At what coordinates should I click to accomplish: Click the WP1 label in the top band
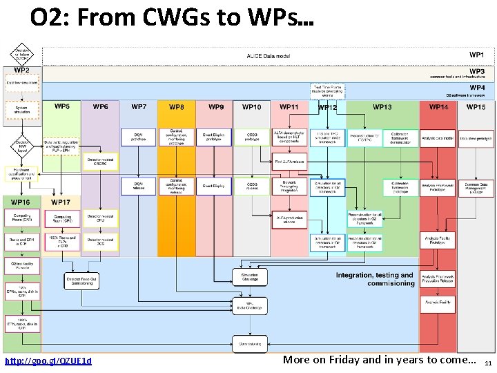(x=477, y=55)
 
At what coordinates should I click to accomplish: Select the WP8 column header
(x=177, y=107)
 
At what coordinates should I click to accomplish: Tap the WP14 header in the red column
(x=438, y=107)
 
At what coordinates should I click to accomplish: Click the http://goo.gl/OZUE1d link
(x=48, y=361)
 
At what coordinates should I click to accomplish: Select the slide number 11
(x=487, y=363)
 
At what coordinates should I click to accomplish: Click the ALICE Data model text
(x=269, y=55)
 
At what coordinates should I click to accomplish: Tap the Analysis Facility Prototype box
(x=438, y=241)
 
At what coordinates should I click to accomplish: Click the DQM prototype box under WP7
(x=138, y=137)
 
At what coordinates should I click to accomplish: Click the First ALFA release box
(x=289, y=162)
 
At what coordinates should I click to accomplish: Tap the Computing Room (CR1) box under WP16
(x=22, y=218)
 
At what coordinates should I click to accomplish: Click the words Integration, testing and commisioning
(x=375, y=279)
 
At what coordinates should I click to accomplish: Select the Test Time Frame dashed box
(x=327, y=90)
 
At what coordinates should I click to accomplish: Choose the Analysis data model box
(x=438, y=138)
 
